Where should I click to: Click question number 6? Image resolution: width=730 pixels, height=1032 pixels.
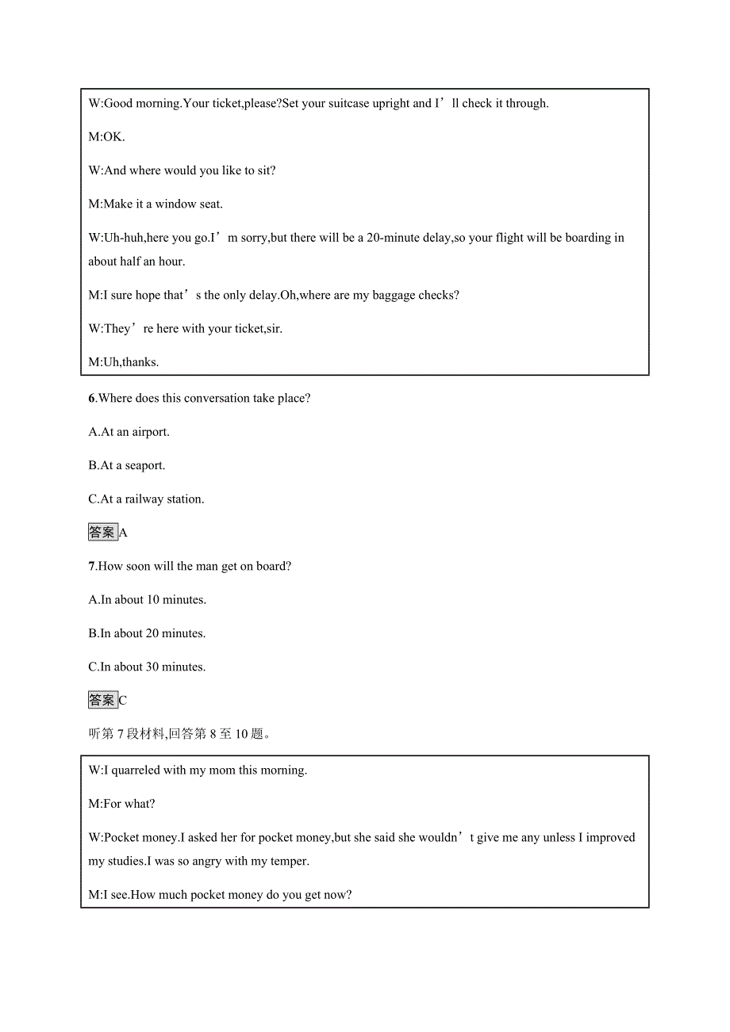pyautogui.click(x=92, y=398)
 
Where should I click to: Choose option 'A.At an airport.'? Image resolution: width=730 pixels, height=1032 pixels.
pyautogui.click(x=129, y=432)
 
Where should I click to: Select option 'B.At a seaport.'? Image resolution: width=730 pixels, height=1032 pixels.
pyautogui.click(x=127, y=465)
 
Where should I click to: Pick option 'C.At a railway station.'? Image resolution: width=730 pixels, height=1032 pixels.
pyautogui.click(x=146, y=499)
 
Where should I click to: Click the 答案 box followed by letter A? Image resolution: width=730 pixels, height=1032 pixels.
pyautogui.click(x=102, y=533)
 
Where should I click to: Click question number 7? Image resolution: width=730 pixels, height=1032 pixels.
pyautogui.click(x=92, y=566)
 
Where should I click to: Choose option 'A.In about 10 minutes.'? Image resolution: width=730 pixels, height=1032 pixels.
pyautogui.click(x=148, y=599)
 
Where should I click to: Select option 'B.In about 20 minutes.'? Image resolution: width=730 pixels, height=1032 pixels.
pyautogui.click(x=148, y=633)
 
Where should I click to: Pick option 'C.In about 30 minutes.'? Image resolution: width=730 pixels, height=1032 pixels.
pyautogui.click(x=148, y=667)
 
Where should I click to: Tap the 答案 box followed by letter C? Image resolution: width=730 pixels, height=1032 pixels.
pyautogui.click(x=102, y=701)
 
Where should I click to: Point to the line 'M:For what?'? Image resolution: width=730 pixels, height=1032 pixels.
pyautogui.click(x=122, y=804)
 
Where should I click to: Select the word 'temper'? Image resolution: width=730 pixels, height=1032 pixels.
pyautogui.click(x=288, y=861)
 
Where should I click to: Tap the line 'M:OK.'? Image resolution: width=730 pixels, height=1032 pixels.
pyautogui.click(x=107, y=136)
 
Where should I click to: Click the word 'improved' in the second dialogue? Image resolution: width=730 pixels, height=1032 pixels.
pyautogui.click(x=610, y=837)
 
